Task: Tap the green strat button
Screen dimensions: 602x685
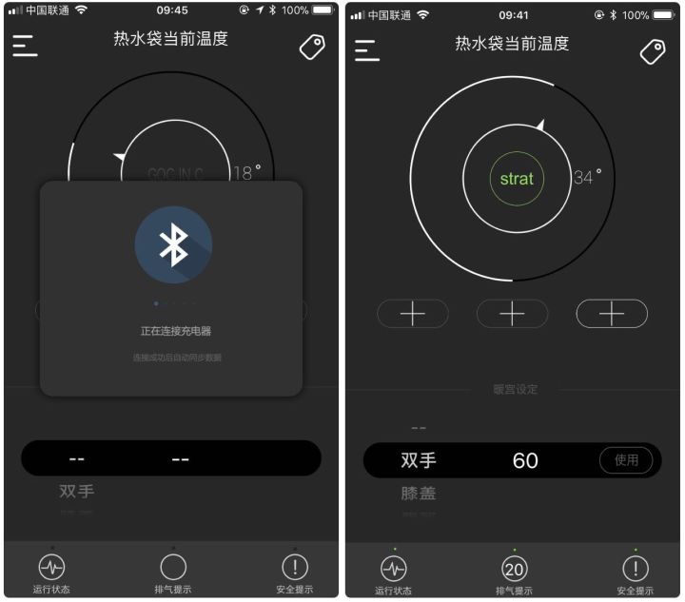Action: click(517, 178)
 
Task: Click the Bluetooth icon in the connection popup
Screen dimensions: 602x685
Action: click(173, 245)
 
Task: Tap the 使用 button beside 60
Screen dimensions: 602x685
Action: click(626, 460)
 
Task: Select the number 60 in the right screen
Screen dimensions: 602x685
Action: click(525, 461)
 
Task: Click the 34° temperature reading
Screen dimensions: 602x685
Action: click(587, 177)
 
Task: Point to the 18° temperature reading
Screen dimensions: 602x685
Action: click(246, 173)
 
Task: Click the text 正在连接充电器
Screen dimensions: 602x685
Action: click(172, 331)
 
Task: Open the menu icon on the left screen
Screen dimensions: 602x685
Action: click(25, 46)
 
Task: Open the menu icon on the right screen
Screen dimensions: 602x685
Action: click(367, 49)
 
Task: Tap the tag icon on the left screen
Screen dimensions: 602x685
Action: click(312, 47)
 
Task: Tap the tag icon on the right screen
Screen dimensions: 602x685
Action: click(653, 51)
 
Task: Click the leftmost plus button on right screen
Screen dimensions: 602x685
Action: click(412, 314)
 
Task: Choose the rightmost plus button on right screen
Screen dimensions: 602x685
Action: click(612, 314)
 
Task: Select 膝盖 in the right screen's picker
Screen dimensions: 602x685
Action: click(419, 494)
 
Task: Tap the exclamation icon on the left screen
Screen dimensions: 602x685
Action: click(295, 567)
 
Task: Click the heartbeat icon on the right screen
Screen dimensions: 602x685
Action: click(393, 569)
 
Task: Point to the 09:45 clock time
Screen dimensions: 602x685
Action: click(172, 10)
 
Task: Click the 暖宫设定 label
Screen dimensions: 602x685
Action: click(515, 389)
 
